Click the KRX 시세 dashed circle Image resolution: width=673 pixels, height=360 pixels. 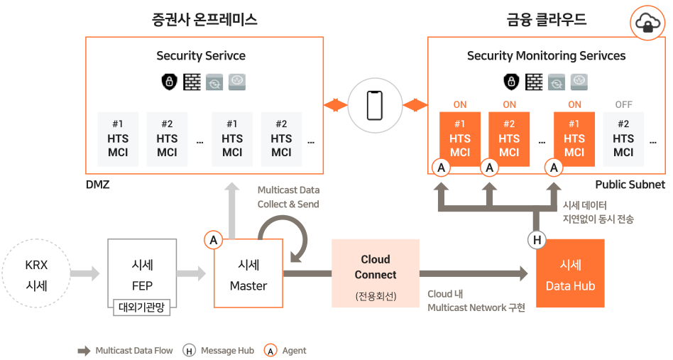(36, 273)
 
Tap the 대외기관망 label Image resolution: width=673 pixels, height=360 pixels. (142, 307)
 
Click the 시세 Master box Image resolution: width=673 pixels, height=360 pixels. (248, 273)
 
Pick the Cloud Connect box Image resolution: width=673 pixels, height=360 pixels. (376, 273)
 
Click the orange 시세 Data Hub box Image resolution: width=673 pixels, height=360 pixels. (571, 273)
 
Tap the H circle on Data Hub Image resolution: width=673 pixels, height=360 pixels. (537, 240)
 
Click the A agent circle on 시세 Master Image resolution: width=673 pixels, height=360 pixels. (213, 240)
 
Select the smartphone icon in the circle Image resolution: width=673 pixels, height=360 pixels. (375, 106)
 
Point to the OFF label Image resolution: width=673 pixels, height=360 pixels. (623, 104)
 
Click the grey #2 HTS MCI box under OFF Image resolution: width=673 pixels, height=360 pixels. (623, 139)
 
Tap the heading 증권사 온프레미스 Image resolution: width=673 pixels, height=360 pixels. (204, 20)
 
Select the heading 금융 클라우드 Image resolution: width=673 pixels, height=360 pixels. (547, 20)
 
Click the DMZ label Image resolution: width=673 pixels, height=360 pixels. (98, 185)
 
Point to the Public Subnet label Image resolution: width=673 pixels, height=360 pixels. (630, 185)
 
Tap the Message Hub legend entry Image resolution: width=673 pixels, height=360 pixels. (218, 351)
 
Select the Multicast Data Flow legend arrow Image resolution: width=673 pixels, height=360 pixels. (84, 351)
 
